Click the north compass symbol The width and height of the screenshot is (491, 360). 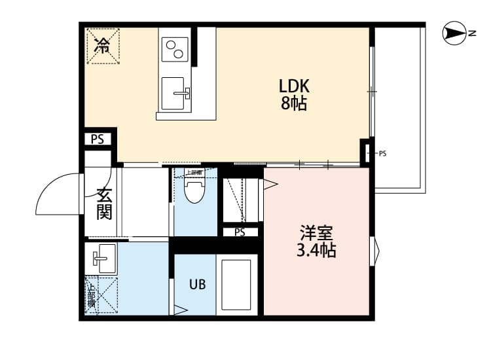point(454,33)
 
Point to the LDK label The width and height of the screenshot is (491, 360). point(294,86)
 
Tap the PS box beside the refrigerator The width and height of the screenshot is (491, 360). point(98,139)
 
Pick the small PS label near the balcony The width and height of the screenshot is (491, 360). point(382,154)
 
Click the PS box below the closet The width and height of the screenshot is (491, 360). point(240,232)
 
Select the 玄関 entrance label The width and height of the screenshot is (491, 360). point(103,203)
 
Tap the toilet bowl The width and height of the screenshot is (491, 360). point(194,192)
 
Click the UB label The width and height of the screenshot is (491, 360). point(198,284)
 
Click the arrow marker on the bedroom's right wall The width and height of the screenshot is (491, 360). point(375,252)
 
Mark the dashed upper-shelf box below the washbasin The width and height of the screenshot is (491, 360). point(102,295)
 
